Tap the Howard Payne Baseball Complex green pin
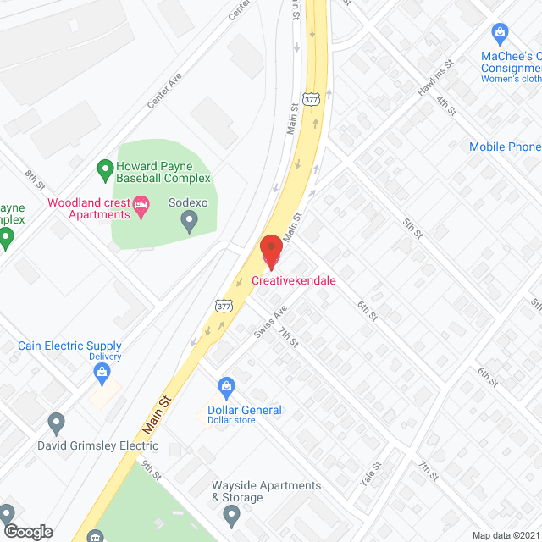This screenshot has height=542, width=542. coord(104,171)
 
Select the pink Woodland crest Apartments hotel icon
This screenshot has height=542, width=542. coord(142,203)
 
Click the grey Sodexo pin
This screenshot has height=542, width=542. coord(190,222)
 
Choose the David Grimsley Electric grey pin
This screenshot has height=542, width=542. coord(57,421)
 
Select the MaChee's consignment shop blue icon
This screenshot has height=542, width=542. coord(501,35)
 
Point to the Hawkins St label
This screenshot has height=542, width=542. coord(435,76)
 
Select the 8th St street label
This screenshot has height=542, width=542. coord(35,180)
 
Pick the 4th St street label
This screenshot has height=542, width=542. coord(446,105)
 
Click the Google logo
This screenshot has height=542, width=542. coord(27,532)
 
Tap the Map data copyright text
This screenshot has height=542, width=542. coord(506,535)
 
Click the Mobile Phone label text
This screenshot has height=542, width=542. coord(505,147)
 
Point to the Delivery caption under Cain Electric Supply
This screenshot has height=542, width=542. coord(105,357)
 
